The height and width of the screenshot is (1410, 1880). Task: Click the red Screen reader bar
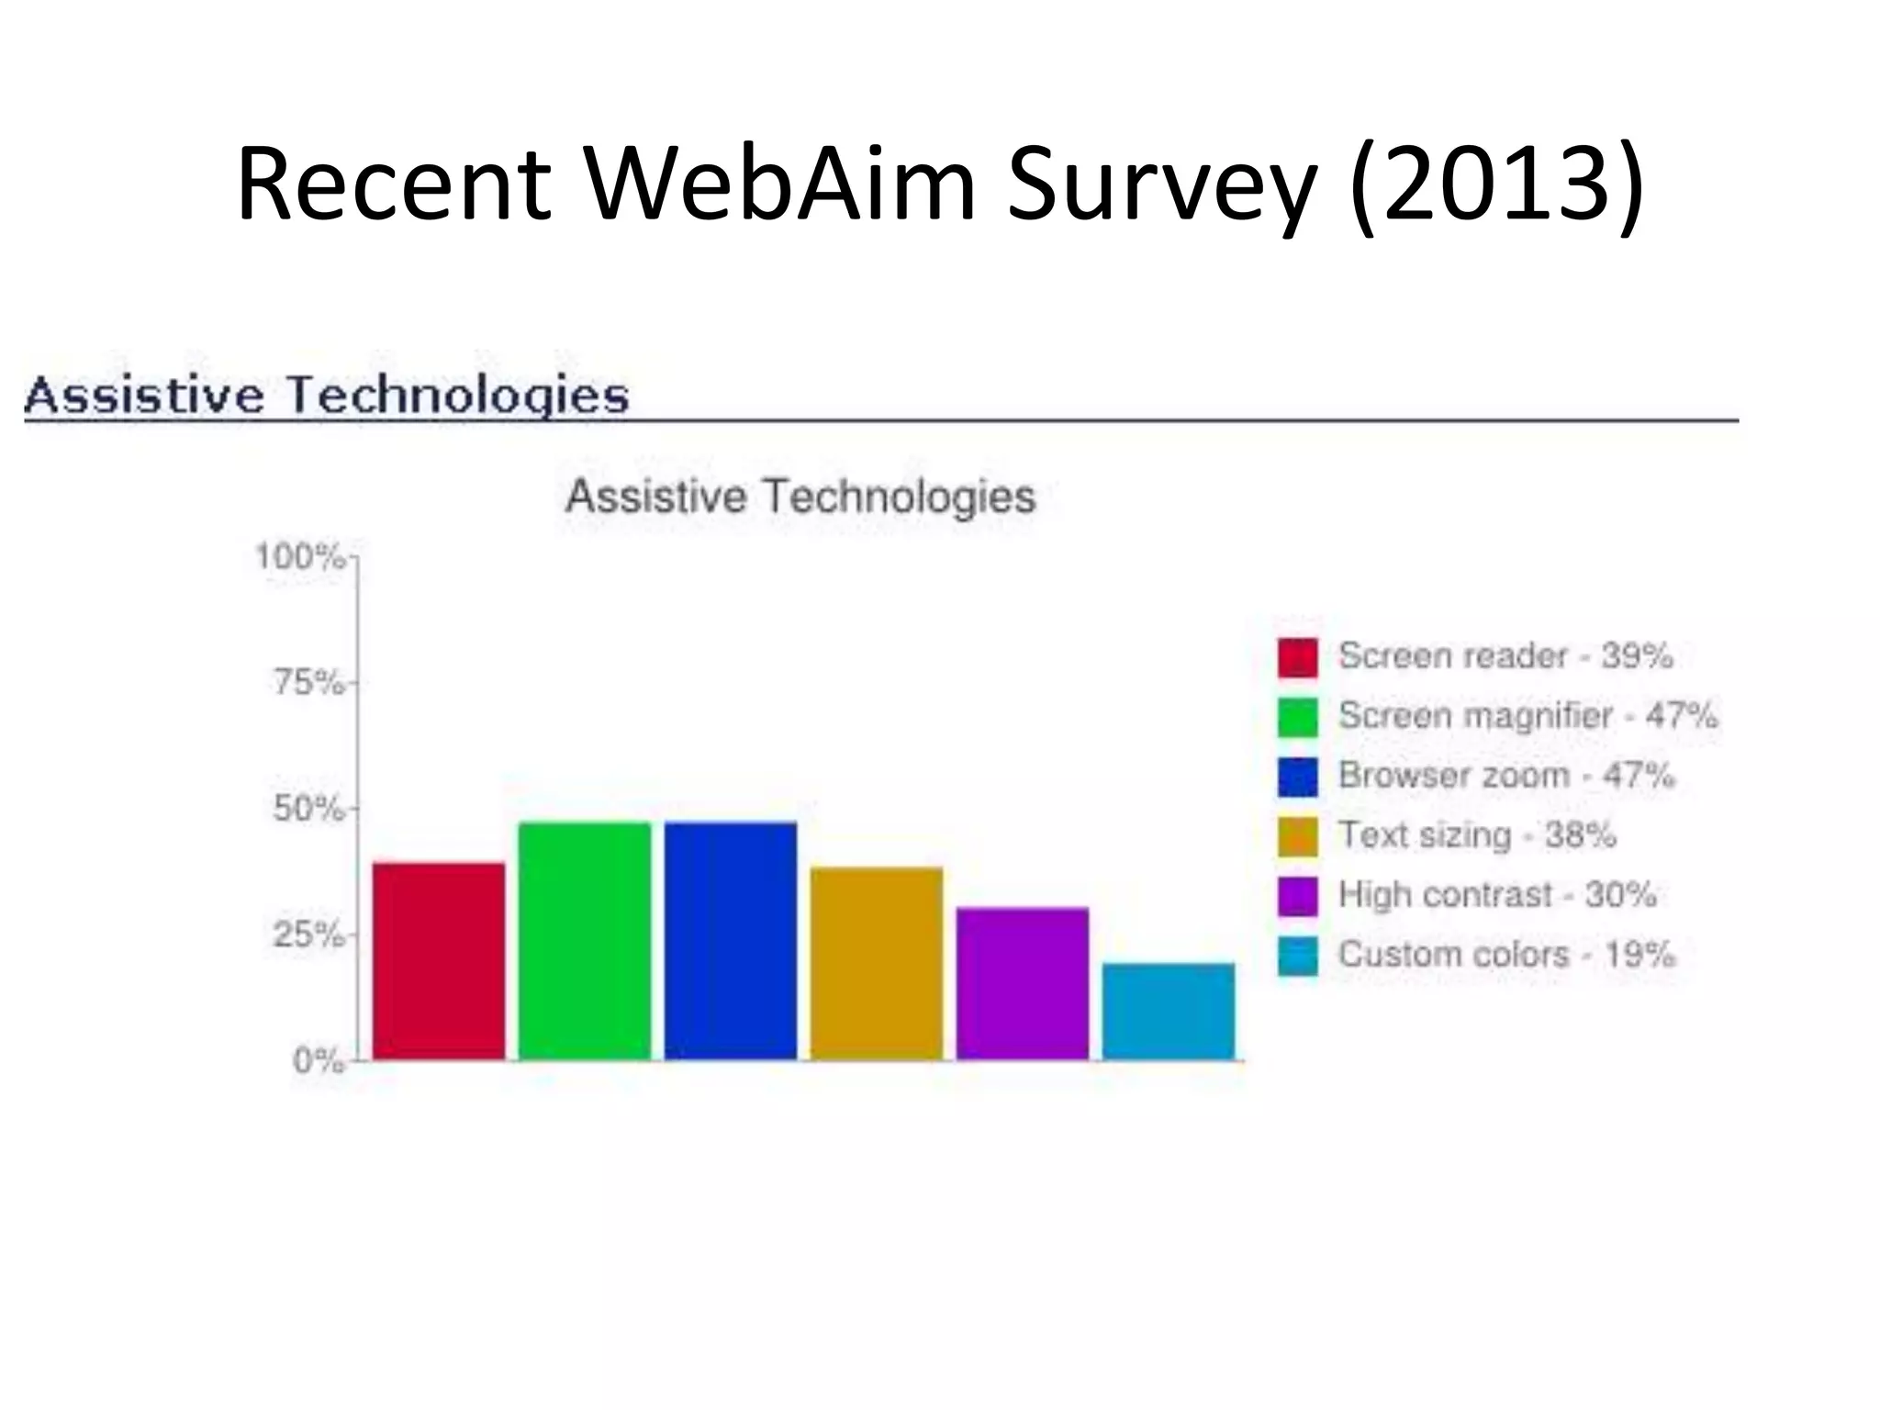point(439,961)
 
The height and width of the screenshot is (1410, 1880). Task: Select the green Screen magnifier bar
point(585,941)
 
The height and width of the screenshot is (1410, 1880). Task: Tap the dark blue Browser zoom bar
point(731,941)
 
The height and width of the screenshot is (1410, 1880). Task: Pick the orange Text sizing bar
point(877,963)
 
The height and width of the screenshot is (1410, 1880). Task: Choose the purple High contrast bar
point(1023,983)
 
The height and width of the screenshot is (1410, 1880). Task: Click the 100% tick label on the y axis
point(299,556)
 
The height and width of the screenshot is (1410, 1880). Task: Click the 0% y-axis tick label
point(318,1061)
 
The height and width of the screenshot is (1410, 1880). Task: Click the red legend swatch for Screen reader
point(1297,657)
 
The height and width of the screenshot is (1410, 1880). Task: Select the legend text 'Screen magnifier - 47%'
point(1527,715)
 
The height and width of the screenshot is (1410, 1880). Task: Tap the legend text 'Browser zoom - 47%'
point(1505,775)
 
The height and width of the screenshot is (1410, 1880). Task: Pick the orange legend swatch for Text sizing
point(1297,836)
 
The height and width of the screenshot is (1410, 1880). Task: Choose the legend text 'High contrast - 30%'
point(1497,894)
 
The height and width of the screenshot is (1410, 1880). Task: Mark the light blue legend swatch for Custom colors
point(1297,956)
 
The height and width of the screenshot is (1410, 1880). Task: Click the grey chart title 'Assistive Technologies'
point(800,497)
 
